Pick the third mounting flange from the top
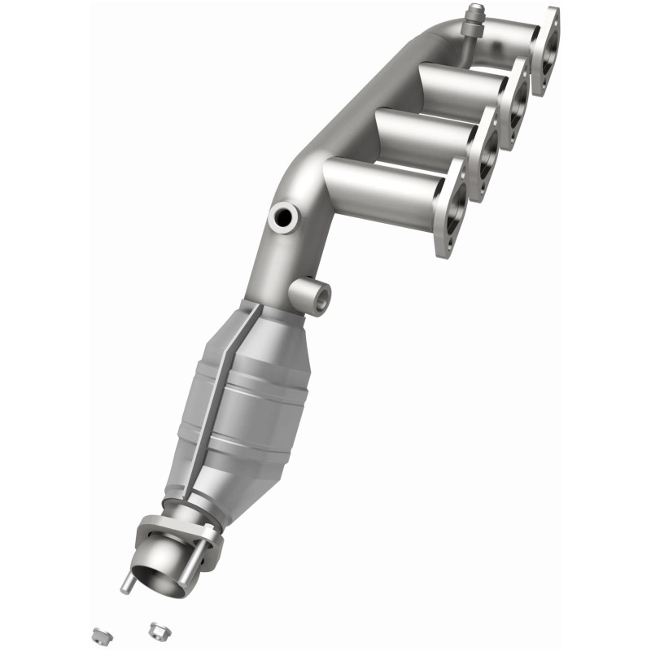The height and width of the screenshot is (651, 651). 486,153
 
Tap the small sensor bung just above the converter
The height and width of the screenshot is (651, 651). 312,294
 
